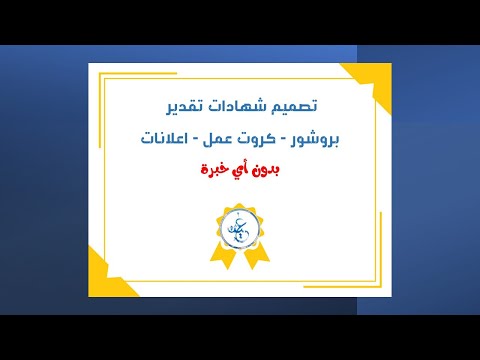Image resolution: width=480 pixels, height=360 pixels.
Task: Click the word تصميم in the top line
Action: coord(295,105)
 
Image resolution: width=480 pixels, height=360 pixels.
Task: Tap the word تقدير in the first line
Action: coord(184,105)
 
